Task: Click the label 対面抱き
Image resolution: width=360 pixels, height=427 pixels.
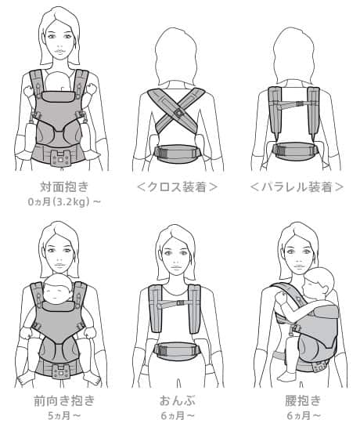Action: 64,186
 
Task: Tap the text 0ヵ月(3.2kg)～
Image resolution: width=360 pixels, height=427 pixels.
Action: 64,202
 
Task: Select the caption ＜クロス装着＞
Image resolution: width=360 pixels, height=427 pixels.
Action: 178,187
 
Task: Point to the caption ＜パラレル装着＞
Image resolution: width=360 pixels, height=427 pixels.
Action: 297,187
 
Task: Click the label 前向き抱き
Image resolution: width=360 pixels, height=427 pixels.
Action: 64,401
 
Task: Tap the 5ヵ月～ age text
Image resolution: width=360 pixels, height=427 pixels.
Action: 64,416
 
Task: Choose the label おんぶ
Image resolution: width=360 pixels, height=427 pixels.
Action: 178,401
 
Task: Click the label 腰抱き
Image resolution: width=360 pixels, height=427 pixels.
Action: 303,400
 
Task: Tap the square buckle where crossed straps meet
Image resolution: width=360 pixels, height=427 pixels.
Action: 178,112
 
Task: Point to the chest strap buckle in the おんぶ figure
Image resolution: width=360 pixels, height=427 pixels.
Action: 181,302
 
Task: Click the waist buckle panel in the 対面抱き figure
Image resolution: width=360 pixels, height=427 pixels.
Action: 61,157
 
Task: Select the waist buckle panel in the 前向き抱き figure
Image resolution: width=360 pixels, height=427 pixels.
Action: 61,372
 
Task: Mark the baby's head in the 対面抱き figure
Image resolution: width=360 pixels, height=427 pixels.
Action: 60,81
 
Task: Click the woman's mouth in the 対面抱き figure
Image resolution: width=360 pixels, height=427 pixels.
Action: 60,52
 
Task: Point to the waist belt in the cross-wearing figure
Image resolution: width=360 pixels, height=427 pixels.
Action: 178,154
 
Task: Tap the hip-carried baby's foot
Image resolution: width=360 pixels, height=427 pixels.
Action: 286,376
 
